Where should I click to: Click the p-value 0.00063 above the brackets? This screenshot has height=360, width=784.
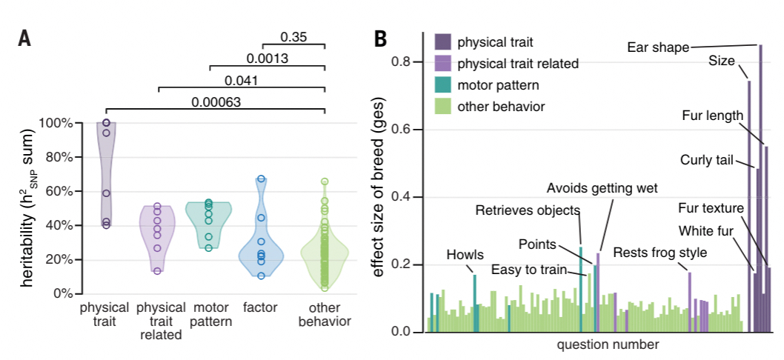click(216, 102)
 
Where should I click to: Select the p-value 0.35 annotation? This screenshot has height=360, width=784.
click(294, 36)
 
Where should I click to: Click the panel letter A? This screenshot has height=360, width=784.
click(24, 39)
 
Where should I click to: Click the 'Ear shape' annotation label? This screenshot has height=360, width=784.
click(658, 47)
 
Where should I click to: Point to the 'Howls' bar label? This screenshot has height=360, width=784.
click(465, 255)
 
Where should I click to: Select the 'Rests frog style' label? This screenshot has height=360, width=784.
click(660, 252)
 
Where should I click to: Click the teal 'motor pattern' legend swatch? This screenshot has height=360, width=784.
click(442, 84)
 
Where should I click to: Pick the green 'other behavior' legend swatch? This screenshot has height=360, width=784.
click(442, 106)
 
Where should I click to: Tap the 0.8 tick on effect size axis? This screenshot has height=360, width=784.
click(403, 61)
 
